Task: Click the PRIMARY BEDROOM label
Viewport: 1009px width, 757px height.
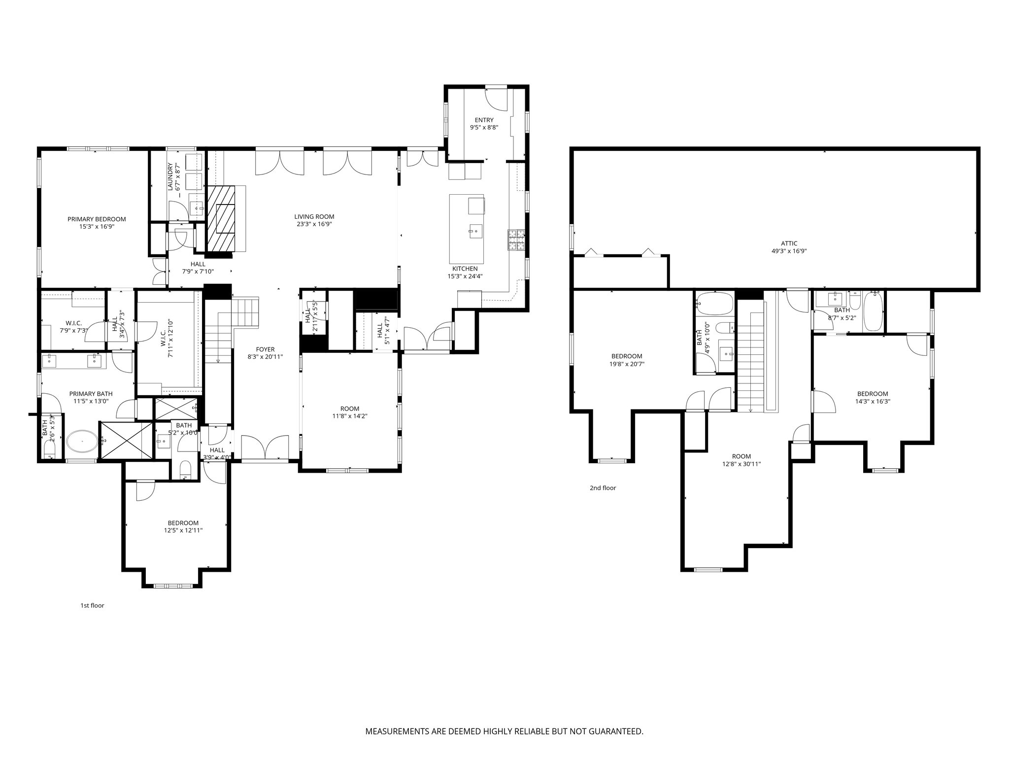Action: [x=97, y=219]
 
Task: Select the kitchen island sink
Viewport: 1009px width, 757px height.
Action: [x=476, y=231]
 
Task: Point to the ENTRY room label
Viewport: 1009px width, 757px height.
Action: [x=484, y=120]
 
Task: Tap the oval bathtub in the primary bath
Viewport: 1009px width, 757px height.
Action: [x=82, y=442]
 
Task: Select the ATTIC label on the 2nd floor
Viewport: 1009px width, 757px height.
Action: [x=789, y=243]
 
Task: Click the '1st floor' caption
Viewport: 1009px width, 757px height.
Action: [x=92, y=606]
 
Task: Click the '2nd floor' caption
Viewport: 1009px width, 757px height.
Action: [x=603, y=488]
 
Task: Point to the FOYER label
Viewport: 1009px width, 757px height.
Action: [x=265, y=349]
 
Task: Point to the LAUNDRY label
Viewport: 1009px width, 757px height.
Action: [x=170, y=177]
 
